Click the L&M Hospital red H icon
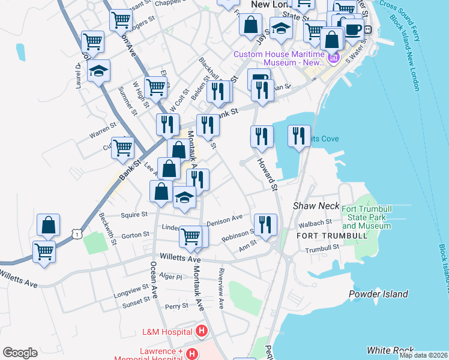(202, 331)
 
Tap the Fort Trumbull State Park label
(366, 217)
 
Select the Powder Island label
(378, 294)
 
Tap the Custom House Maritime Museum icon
(333, 58)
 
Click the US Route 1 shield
(76, 233)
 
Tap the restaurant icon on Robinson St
(265, 224)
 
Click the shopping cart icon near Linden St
(191, 236)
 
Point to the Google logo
(20, 353)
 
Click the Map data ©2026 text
(423, 355)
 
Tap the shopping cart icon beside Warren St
(122, 147)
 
